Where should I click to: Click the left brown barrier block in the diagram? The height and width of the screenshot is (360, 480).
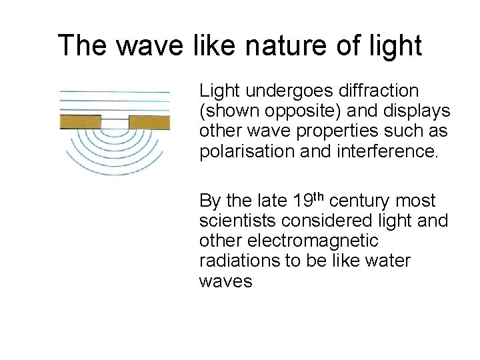coord(80,122)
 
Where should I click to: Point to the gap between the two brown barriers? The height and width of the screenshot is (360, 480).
coord(115,122)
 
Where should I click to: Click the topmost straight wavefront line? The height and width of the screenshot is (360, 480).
coord(115,91)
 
